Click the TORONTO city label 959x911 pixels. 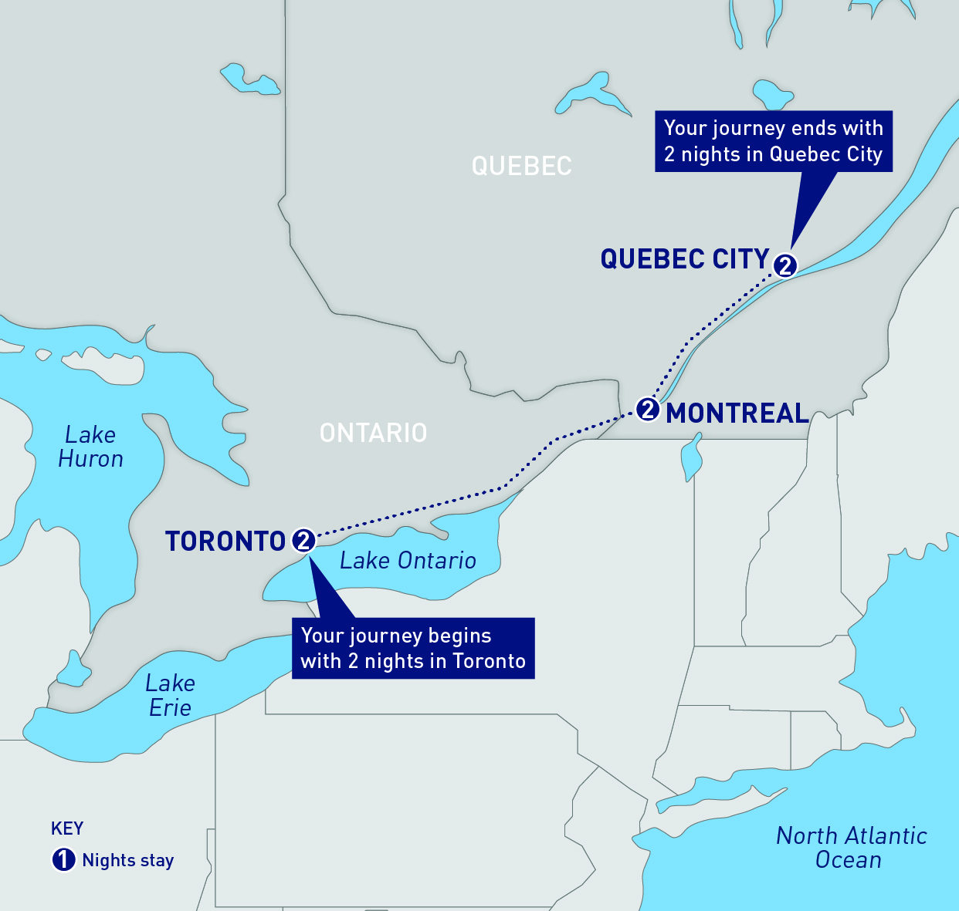tap(225, 542)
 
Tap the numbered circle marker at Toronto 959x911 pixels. tap(303, 541)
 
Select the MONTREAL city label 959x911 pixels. tap(737, 413)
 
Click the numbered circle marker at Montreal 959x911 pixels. tap(647, 409)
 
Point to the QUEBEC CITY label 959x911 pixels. tap(685, 259)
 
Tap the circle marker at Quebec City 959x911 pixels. tap(784, 265)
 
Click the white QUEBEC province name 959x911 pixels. tap(521, 166)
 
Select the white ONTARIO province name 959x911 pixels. tap(373, 433)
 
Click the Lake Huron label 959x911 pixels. tap(90, 447)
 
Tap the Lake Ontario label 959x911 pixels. tap(408, 561)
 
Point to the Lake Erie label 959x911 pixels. tap(170, 695)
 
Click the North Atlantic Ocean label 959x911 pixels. tap(851, 847)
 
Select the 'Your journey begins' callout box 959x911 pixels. tap(413, 648)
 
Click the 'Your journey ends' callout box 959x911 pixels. tap(773, 141)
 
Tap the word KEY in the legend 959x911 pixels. tap(67, 828)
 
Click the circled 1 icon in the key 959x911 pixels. tap(63, 859)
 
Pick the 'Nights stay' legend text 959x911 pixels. tap(128, 860)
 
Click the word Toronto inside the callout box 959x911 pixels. tap(489, 661)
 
